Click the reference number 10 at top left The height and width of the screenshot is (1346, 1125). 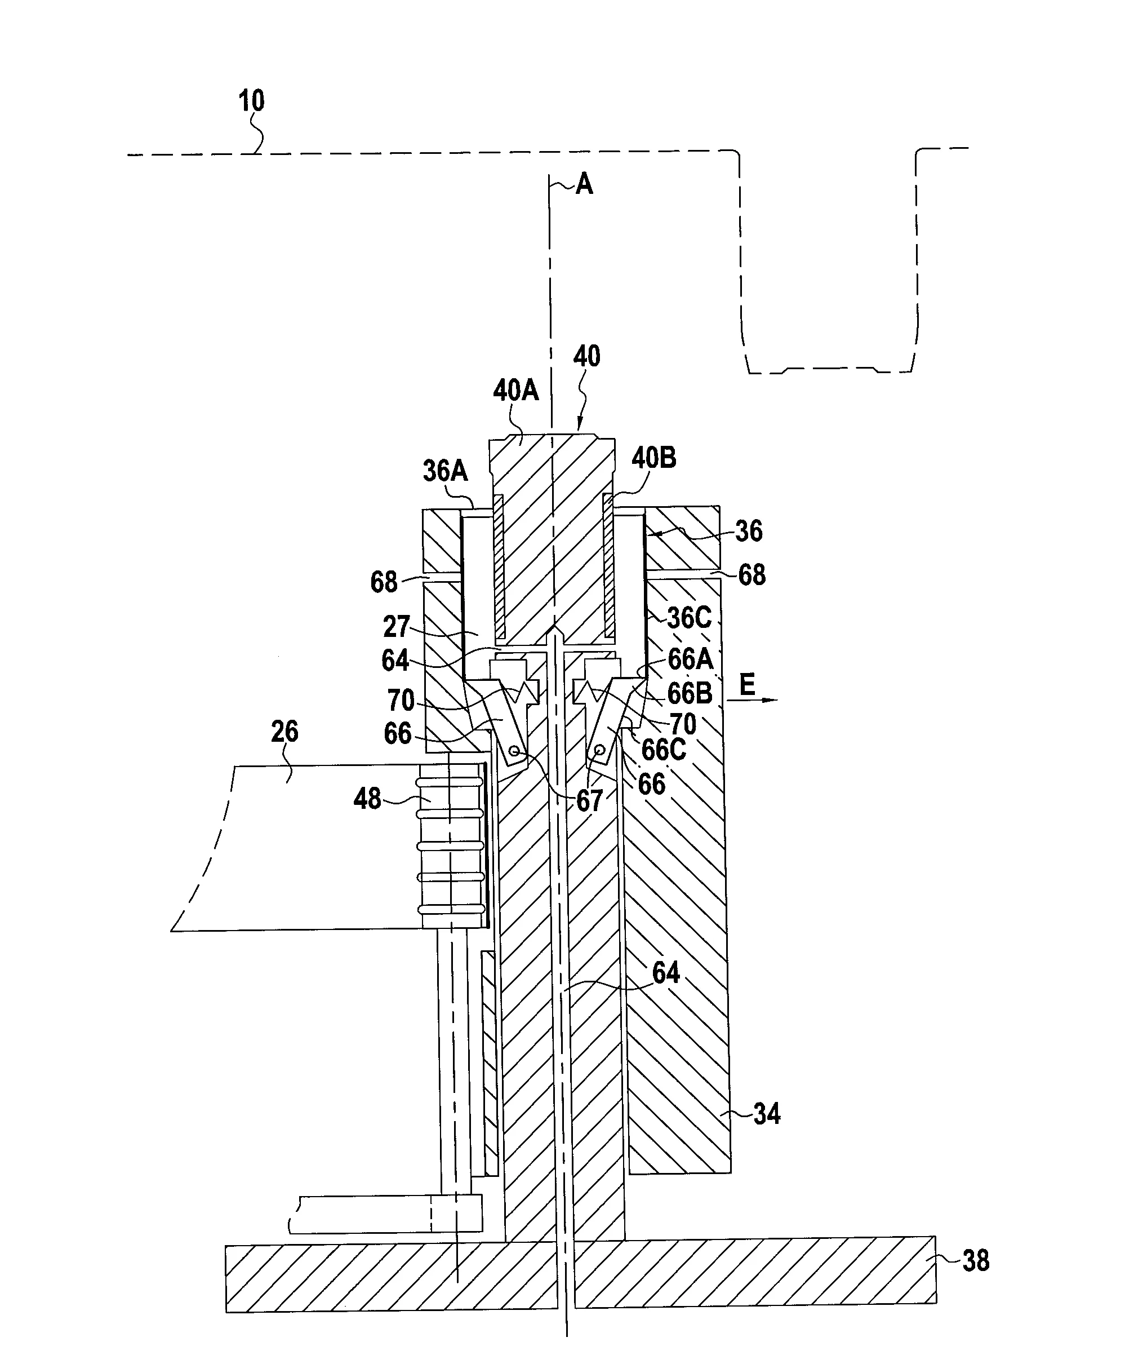coord(251,101)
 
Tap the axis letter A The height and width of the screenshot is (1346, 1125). coord(584,184)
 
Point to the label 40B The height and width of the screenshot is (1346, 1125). coord(653,458)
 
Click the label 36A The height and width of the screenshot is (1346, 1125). coord(445,471)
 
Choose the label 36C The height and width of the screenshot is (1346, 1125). coord(690,618)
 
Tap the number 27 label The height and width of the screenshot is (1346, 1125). coord(397,627)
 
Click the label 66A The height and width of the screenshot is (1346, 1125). coord(690,658)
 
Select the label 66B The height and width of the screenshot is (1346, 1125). coord(690,693)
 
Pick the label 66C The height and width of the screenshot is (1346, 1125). coord(664,749)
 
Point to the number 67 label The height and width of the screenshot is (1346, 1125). coord(589,800)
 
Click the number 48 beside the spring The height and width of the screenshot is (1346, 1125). coord(367,799)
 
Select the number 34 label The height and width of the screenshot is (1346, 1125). coord(767,1114)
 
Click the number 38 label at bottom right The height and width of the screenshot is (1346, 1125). coord(976,1261)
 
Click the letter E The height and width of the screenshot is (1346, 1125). coord(747,685)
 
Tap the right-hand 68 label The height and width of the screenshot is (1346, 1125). coord(752,575)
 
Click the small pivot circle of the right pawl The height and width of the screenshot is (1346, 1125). coord(601,749)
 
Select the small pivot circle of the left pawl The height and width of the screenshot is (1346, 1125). coord(513,750)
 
